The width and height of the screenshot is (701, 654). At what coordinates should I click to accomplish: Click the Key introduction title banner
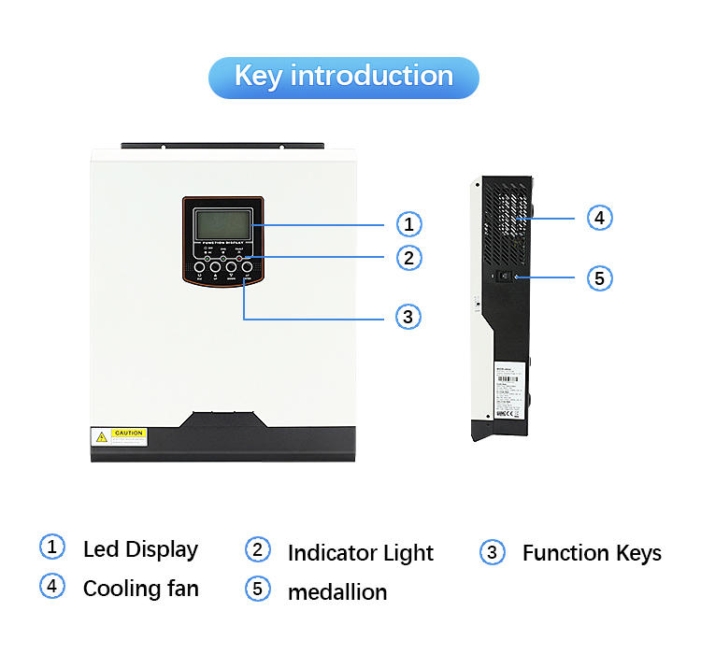[343, 77]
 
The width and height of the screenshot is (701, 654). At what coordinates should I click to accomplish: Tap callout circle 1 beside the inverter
[408, 224]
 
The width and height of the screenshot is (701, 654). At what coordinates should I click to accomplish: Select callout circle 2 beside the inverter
[408, 257]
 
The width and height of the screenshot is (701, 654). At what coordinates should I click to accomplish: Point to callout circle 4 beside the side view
[600, 218]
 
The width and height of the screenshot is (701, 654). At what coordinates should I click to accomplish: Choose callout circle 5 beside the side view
[600, 277]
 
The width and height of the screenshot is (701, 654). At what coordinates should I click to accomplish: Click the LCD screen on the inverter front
[222, 224]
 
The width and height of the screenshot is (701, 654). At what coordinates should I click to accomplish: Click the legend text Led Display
[140, 549]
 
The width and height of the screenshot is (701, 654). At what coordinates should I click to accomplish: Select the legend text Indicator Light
[360, 553]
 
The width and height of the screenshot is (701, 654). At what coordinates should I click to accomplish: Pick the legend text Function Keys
[592, 553]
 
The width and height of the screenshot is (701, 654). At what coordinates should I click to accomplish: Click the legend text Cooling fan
[140, 589]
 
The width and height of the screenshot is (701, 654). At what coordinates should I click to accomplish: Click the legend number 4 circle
[51, 587]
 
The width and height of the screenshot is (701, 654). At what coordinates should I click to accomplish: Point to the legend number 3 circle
[492, 552]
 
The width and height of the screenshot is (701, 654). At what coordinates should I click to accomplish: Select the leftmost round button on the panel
[198, 267]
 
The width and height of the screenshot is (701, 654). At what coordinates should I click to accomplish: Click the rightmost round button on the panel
[248, 267]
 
